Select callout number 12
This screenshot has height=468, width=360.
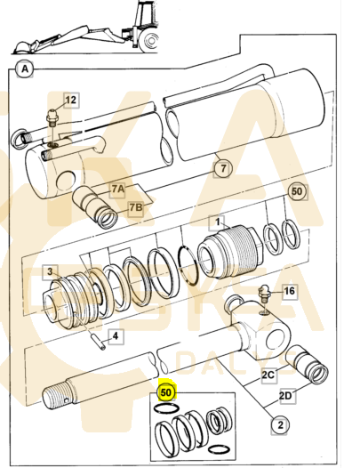click(x=71, y=100)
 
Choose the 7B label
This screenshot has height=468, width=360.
click(x=135, y=207)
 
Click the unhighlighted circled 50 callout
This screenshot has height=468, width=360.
click(x=297, y=191)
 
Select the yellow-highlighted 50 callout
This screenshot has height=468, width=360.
click(x=166, y=389)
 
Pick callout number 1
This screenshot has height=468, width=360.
click(x=215, y=222)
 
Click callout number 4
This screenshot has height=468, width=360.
click(x=114, y=335)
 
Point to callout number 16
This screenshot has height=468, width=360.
click(x=289, y=291)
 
